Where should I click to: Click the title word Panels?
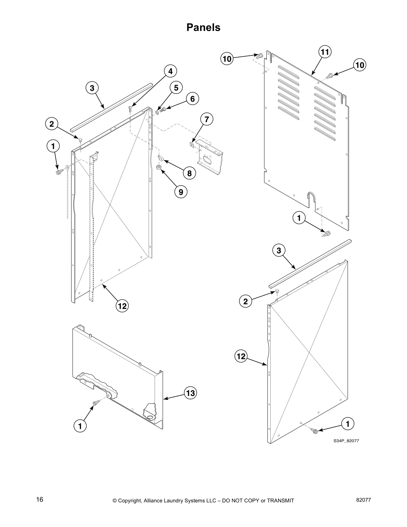click(x=203, y=27)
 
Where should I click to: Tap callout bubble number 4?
click(x=170, y=71)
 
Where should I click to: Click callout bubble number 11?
click(x=325, y=52)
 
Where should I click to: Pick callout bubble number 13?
click(x=190, y=393)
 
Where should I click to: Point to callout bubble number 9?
click(x=181, y=192)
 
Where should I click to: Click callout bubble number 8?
click(x=189, y=173)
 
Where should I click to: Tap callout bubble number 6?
click(x=192, y=99)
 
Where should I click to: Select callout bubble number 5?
click(x=176, y=88)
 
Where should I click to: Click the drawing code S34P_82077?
click(x=346, y=441)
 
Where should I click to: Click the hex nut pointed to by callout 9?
click(x=159, y=167)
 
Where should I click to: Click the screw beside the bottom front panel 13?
click(x=95, y=403)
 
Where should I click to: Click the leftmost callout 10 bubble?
click(x=227, y=59)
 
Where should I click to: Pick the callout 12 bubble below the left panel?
click(x=122, y=306)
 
